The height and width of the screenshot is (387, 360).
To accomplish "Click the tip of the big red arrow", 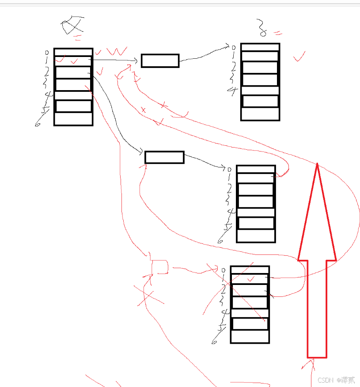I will point(317,164).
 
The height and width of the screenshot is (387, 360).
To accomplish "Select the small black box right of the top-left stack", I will point(160,61).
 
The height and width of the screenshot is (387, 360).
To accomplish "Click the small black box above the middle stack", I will point(164,157).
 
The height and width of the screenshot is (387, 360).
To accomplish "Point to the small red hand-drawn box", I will point(159,267).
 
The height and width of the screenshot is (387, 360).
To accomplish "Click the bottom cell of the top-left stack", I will point(73,119).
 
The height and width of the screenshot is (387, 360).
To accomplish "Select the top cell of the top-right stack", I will point(260,47).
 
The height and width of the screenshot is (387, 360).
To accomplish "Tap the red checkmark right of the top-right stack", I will point(299,57).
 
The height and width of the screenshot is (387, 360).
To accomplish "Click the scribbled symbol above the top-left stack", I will point(72,25).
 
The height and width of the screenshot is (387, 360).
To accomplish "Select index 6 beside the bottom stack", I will point(216,340).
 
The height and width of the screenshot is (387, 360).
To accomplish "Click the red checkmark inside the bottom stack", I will point(251,279).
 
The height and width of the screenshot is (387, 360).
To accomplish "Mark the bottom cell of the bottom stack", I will point(250,337).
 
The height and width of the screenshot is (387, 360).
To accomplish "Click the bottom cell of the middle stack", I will point(256,236).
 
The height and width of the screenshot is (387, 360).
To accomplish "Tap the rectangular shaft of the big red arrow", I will point(317,309).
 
